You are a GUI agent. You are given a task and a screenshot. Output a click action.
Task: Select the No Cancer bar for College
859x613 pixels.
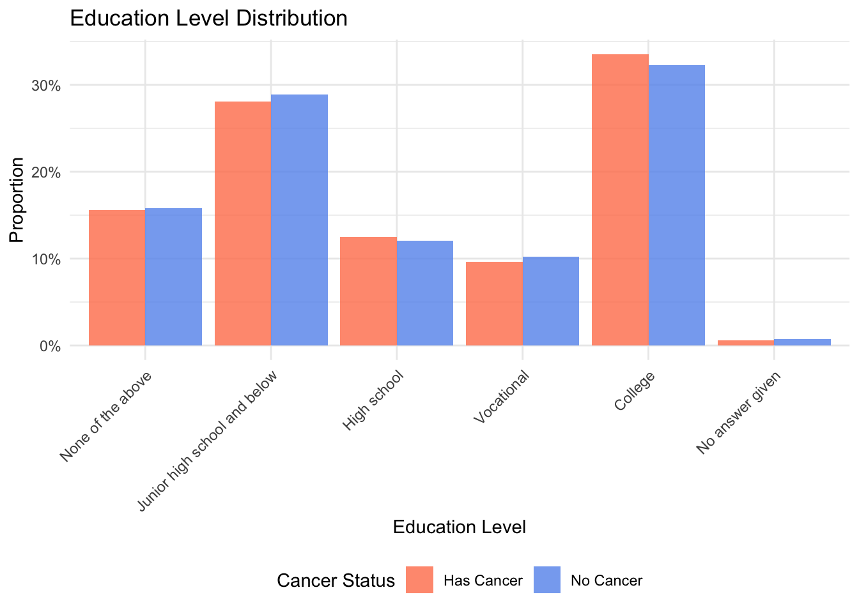coord(677,205)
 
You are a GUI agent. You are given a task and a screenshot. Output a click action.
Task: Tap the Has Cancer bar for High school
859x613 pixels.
coord(368,291)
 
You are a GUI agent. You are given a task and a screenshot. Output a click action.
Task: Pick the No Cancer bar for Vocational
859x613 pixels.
coord(551,301)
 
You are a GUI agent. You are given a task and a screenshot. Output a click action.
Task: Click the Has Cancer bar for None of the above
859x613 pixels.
coord(117,278)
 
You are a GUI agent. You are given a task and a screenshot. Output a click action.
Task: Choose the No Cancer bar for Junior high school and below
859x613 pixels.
coord(299,220)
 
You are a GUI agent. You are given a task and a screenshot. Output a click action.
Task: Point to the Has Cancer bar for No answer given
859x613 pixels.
coord(746,343)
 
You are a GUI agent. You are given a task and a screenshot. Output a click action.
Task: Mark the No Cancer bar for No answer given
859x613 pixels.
coord(802,342)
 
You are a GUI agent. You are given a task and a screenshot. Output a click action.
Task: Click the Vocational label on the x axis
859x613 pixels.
coord(502,398)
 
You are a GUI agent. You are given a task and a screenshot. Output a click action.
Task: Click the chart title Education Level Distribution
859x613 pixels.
coord(208,18)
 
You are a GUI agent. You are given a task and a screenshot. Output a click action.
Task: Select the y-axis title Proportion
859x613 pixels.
coord(17,200)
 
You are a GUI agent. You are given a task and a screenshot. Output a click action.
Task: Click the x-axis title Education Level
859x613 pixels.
coord(460,527)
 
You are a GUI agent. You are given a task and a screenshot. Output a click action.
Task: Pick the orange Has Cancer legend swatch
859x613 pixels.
coord(419,580)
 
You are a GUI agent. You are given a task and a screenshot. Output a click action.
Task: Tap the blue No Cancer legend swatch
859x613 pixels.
coord(547,580)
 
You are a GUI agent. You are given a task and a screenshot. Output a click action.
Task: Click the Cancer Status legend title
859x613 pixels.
coord(336,580)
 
